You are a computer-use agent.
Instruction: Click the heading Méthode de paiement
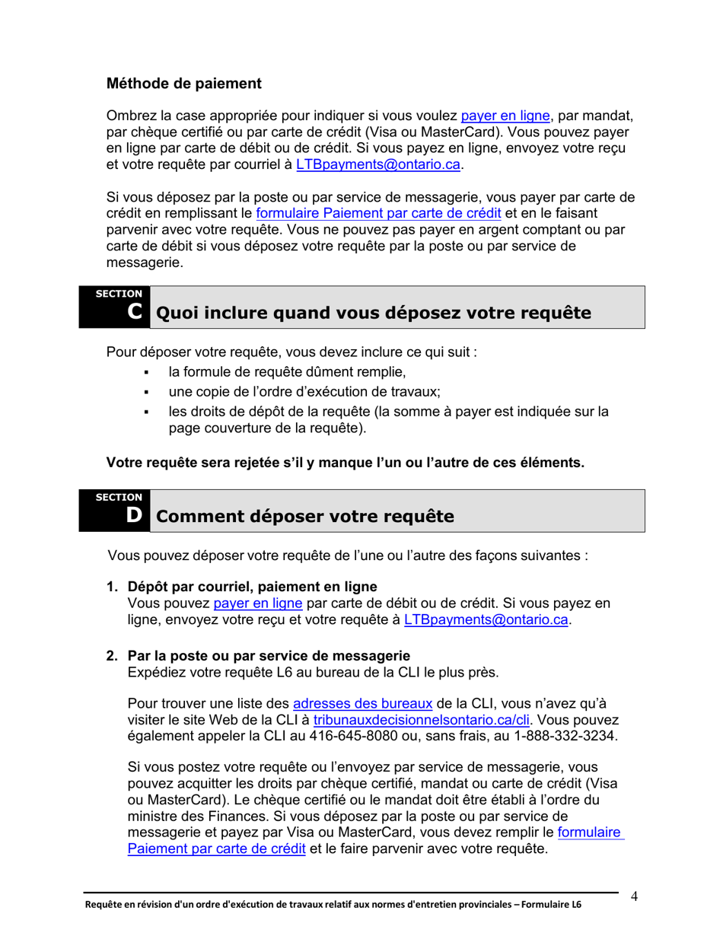(x=183, y=83)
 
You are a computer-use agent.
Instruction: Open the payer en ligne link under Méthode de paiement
(x=505, y=116)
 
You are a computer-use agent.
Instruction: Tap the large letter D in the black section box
(x=134, y=515)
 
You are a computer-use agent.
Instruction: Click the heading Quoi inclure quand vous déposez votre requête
(x=372, y=314)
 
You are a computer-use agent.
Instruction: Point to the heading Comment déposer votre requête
(x=304, y=517)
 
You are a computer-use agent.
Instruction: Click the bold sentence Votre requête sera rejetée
(x=345, y=462)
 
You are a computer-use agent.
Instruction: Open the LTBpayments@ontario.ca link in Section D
(x=486, y=620)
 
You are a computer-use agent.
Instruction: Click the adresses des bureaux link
(x=363, y=703)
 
